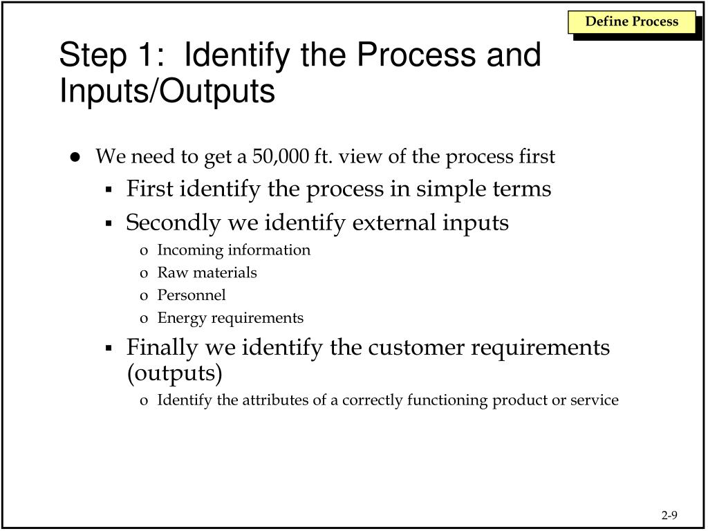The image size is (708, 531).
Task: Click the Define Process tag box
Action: (x=632, y=21)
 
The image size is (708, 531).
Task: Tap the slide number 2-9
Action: (x=669, y=515)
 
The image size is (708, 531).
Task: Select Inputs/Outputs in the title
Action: (x=167, y=92)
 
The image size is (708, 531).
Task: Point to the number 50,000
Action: (x=281, y=157)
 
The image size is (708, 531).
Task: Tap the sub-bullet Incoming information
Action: (x=234, y=250)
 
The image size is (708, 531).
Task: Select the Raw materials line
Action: (x=207, y=272)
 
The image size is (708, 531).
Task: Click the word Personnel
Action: (x=192, y=295)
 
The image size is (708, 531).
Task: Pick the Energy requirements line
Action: (x=230, y=318)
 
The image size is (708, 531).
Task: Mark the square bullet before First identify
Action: (x=109, y=190)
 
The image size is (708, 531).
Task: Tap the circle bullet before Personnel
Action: (x=144, y=296)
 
